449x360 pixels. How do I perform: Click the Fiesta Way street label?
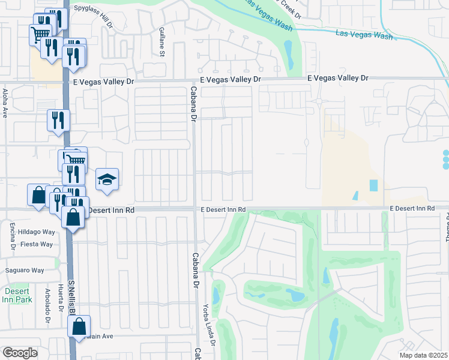point(37,244)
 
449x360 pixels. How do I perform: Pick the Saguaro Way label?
point(25,271)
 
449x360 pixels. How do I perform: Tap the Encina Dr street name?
point(13,238)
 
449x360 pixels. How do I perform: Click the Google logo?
point(20,352)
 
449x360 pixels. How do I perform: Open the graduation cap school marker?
point(107,179)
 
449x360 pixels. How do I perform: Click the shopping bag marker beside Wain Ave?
point(79,327)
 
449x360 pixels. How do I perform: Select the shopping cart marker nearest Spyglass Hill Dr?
point(40,34)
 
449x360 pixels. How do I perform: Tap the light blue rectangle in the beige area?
point(374,186)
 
